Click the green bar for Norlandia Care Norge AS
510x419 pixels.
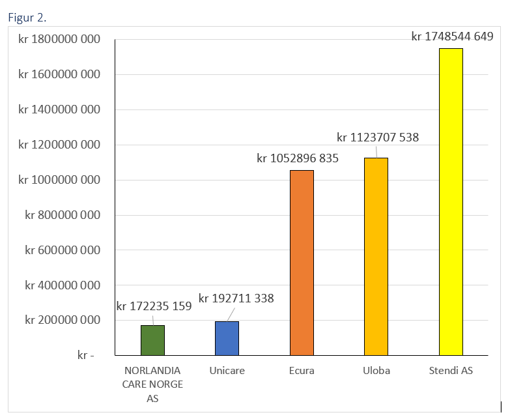click(x=152, y=340)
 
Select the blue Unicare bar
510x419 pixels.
click(x=227, y=338)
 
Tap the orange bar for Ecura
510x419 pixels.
click(x=302, y=263)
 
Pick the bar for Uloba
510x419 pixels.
click(x=376, y=257)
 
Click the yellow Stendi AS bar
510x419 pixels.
click(x=450, y=202)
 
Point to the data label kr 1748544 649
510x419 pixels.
click(x=452, y=36)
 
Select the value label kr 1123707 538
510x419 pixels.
click(x=378, y=137)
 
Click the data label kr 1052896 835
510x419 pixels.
click(x=298, y=158)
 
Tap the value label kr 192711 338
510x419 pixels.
click(x=236, y=298)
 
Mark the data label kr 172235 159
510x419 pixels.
click(x=154, y=306)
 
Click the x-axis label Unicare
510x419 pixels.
click(x=227, y=371)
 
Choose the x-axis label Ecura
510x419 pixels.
click(x=302, y=371)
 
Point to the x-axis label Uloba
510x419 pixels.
click(x=376, y=371)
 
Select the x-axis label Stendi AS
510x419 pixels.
click(x=451, y=371)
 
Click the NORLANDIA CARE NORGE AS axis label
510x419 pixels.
click(x=152, y=384)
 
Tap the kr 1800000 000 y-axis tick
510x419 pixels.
click(x=59, y=40)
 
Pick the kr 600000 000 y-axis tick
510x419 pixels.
click(x=63, y=250)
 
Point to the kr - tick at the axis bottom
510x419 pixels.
click(x=85, y=356)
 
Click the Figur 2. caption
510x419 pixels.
click(x=27, y=17)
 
